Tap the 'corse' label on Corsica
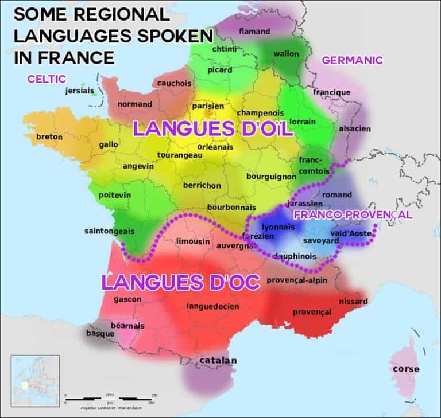click(405, 369)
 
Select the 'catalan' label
click(218, 361)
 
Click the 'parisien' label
click(207, 106)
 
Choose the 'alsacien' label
click(354, 128)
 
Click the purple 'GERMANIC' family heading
click(352, 60)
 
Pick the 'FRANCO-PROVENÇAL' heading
click(353, 215)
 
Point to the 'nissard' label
click(353, 301)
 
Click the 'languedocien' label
click(212, 307)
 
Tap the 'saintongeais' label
click(109, 231)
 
